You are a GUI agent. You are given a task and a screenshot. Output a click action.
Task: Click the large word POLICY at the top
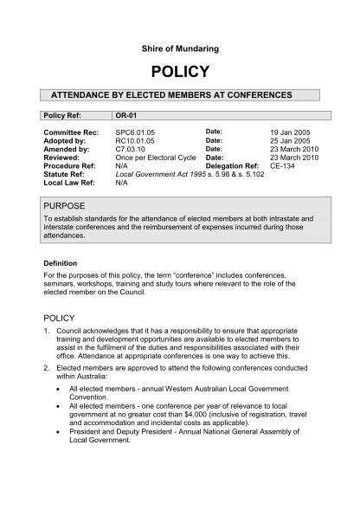[x=180, y=71]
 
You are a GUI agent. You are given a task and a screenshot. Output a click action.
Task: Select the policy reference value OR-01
[x=126, y=114]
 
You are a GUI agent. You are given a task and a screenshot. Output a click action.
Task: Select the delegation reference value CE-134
[x=282, y=166]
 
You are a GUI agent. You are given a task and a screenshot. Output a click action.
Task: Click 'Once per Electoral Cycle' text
[x=157, y=158]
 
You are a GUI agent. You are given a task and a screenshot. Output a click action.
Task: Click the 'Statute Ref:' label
[x=65, y=175]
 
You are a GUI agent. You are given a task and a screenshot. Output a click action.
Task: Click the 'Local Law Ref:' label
[x=69, y=184]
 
